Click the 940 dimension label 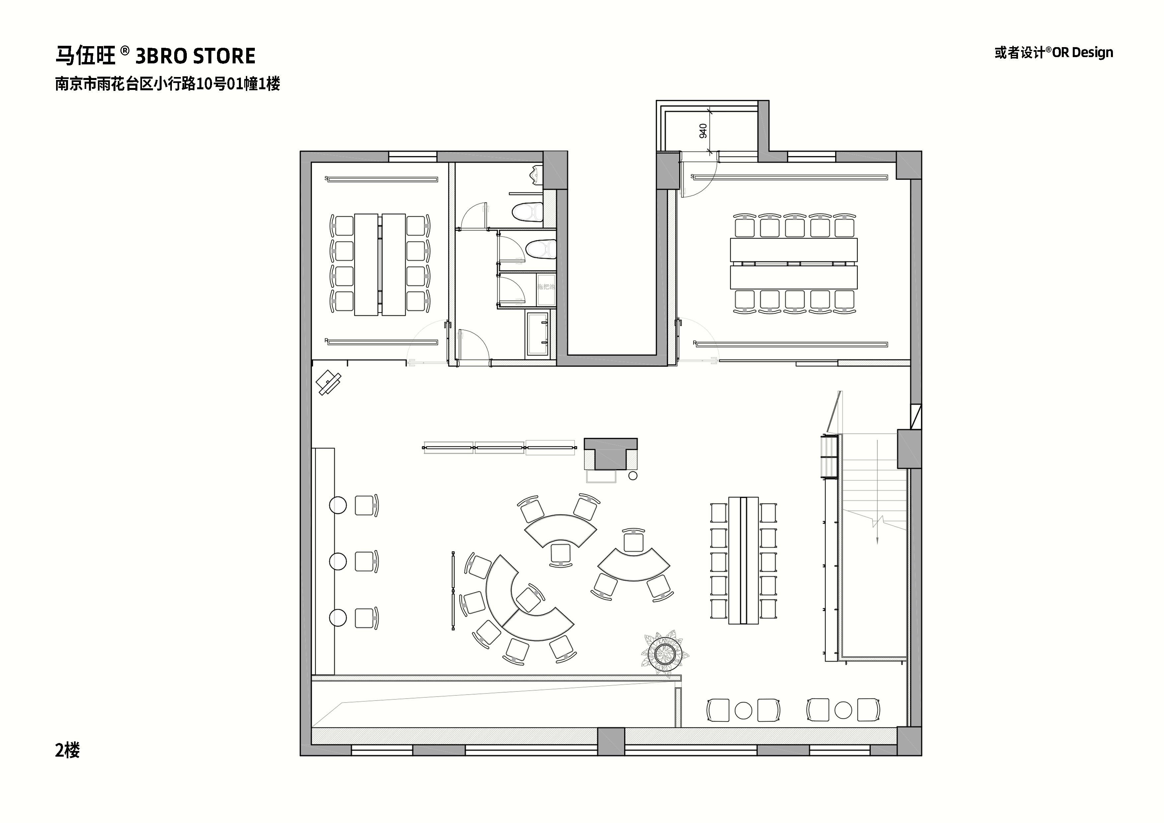click(703, 131)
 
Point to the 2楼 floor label click(67, 750)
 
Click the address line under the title click(167, 84)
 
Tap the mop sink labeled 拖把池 click(546, 287)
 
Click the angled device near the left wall click(328, 382)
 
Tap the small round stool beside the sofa click(633, 476)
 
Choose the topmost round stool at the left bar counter click(338, 505)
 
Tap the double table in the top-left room click(380, 265)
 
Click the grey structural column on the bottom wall click(611, 741)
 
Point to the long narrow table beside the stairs click(744, 560)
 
